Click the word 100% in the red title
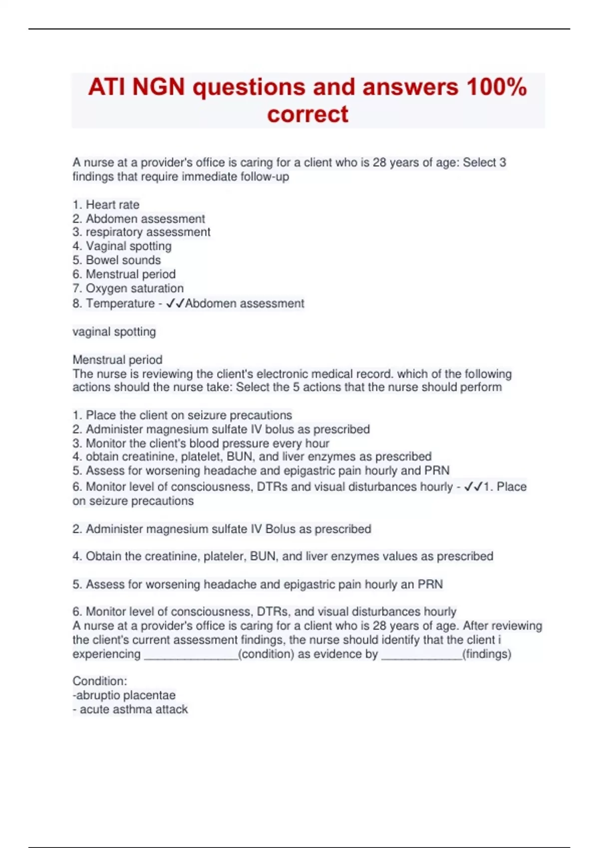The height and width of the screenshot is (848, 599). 496,87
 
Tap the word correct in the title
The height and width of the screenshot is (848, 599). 307,114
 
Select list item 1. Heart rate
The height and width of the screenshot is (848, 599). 106,205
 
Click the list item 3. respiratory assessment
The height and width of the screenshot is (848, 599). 141,232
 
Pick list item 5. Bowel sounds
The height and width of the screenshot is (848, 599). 117,260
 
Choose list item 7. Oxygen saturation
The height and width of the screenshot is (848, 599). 128,288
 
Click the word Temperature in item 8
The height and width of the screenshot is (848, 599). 120,303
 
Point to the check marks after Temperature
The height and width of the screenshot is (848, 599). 175,303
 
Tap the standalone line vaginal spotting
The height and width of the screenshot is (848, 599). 114,332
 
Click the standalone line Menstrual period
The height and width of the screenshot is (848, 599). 117,360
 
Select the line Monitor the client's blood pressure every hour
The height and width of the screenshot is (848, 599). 201,443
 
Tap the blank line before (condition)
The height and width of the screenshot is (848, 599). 191,655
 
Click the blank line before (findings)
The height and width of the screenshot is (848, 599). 422,655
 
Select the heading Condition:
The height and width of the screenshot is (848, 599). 100,681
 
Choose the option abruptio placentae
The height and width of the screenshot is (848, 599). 124,695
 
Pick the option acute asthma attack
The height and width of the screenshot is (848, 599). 131,709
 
